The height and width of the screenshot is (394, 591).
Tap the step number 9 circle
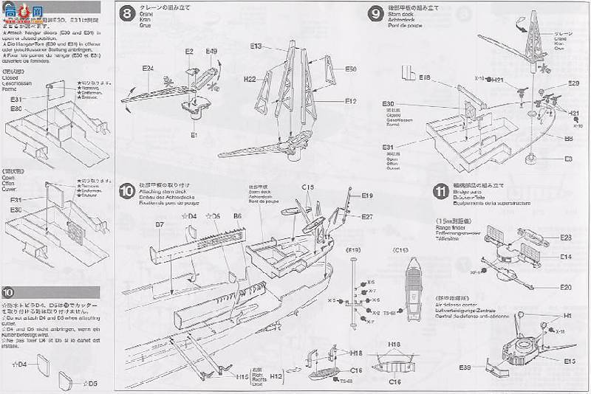(x=375, y=13)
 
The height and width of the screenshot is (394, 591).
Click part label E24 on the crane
(x=148, y=69)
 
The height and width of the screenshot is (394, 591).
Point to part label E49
(x=211, y=51)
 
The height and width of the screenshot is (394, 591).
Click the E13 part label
(x=256, y=46)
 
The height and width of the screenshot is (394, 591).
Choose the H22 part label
(x=249, y=79)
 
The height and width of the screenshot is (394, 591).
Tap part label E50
(x=350, y=69)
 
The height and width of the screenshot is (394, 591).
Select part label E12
(x=350, y=101)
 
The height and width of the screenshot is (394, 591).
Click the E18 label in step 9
(x=424, y=77)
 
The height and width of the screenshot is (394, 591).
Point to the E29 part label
(x=574, y=85)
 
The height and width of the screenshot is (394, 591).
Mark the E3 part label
(x=570, y=159)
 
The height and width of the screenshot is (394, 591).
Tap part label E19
(x=367, y=196)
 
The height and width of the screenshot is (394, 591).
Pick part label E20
(x=567, y=286)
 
